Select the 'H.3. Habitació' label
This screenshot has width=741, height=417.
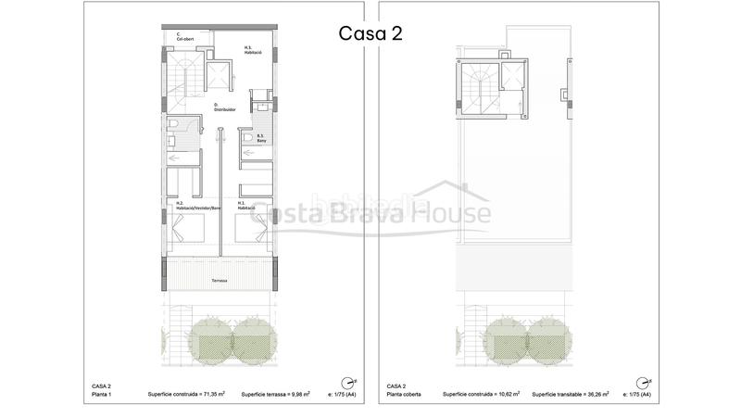pyautogui.click(x=254, y=51)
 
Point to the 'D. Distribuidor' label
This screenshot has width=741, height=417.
pyautogui.click(x=225, y=107)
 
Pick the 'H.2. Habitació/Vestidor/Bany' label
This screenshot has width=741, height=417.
pyautogui.click(x=200, y=206)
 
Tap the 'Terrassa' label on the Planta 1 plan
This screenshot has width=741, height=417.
pyautogui.click(x=220, y=280)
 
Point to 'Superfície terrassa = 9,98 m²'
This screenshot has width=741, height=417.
pyautogui.click(x=275, y=394)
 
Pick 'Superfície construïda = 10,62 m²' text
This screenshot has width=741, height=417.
pyautogui.click(x=481, y=394)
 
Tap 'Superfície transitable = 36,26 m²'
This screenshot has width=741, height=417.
pyautogui.click(x=571, y=394)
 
